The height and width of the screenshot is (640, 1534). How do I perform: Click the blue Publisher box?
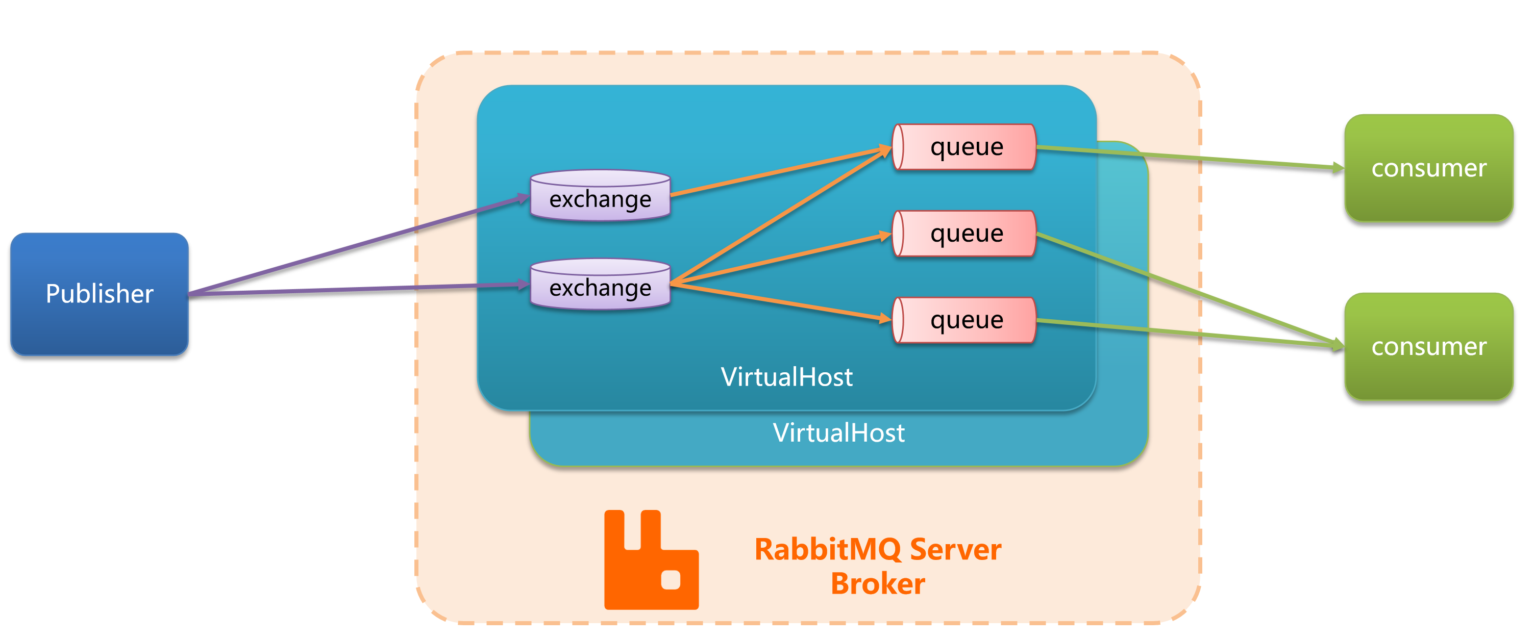[x=100, y=294]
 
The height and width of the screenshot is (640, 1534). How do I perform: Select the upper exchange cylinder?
[x=600, y=195]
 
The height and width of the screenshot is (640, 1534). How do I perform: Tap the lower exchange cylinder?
[x=600, y=284]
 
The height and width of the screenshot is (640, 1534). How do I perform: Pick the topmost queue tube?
[x=964, y=146]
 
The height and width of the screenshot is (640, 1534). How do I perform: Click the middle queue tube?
[x=964, y=234]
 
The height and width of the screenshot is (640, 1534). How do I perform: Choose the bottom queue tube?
[x=964, y=320]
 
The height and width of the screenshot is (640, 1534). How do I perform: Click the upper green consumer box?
[x=1428, y=168]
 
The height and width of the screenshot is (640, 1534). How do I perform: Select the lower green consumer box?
[x=1428, y=346]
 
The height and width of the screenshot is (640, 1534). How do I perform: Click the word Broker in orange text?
[x=878, y=583]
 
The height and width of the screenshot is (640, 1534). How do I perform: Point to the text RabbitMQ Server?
[x=878, y=549]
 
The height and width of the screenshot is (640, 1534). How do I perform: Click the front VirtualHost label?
[x=787, y=377]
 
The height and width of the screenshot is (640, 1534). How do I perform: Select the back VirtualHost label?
[x=838, y=433]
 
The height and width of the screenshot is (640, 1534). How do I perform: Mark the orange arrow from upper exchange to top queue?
[x=781, y=171]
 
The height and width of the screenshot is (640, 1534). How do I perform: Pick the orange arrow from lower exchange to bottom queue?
[x=781, y=302]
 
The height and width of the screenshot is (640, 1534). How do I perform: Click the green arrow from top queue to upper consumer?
[x=1191, y=158]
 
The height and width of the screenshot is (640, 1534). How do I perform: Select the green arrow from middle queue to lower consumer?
[x=1191, y=290]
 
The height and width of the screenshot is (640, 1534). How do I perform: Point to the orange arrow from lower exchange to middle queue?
[x=781, y=259]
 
